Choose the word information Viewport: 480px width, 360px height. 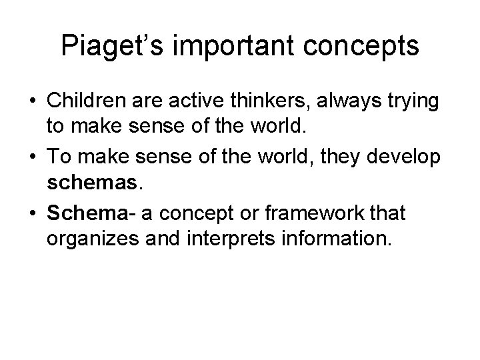[x=337, y=239]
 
